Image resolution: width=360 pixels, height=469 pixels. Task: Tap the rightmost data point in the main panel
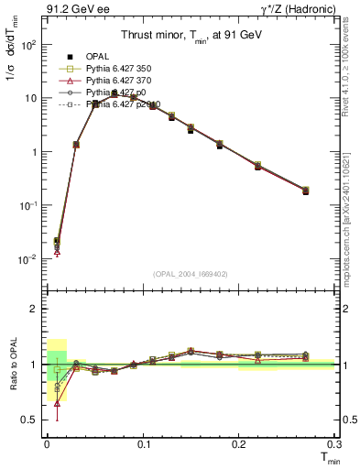pos(305,191)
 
